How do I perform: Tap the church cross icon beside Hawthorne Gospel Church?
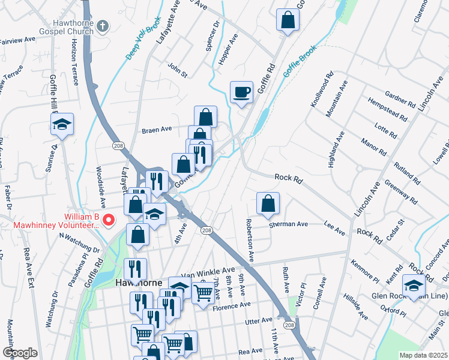point(103,26)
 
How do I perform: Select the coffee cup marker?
point(242,92)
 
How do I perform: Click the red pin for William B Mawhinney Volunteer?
point(109,220)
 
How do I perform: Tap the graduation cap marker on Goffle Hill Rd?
point(61,124)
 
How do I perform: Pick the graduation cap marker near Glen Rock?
point(414,285)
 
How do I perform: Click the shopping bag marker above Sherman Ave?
point(268,203)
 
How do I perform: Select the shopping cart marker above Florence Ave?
point(203,293)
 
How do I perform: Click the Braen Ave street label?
point(157,129)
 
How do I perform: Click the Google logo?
point(20,352)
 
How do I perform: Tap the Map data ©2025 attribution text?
point(423,355)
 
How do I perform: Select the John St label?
point(178,70)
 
